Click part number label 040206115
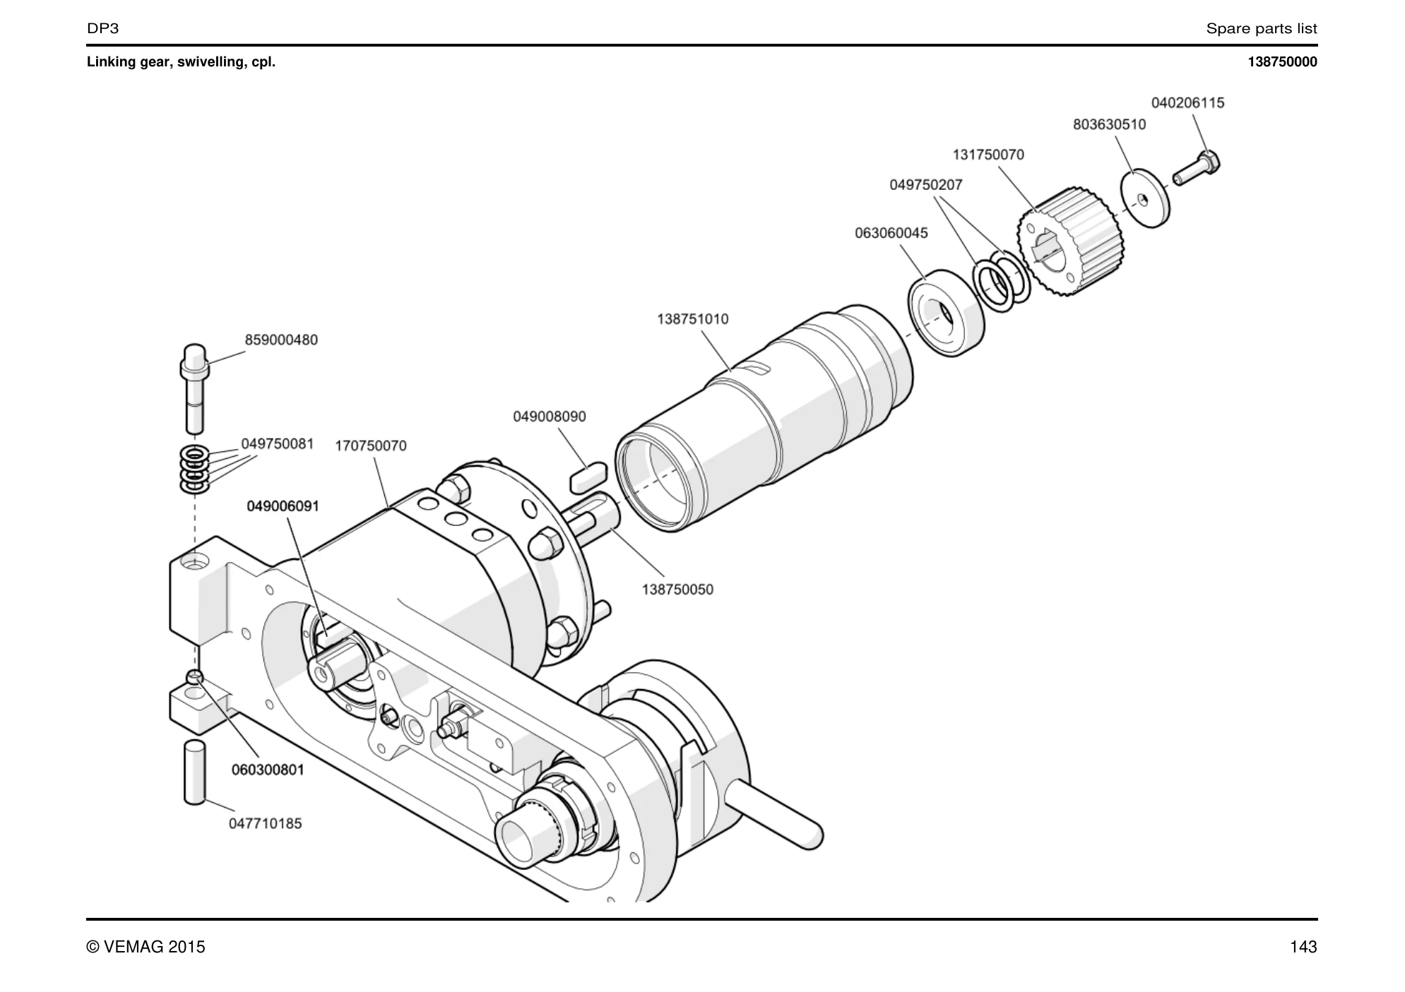pos(1187,103)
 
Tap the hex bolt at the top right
pos(1197,167)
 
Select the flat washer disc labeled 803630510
pos(1145,198)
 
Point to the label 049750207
pos(925,185)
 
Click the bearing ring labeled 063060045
pos(945,313)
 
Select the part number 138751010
pos(692,319)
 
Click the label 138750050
pos(677,590)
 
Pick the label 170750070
pos(371,446)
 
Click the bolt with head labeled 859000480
pos(194,388)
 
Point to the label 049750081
pos(277,444)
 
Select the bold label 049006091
pos(283,506)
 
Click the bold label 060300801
pos(268,770)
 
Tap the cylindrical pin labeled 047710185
pos(194,772)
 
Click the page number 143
pos(1303,947)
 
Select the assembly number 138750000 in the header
pos(1282,62)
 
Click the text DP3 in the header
pos(102,28)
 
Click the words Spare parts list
pos(1262,29)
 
